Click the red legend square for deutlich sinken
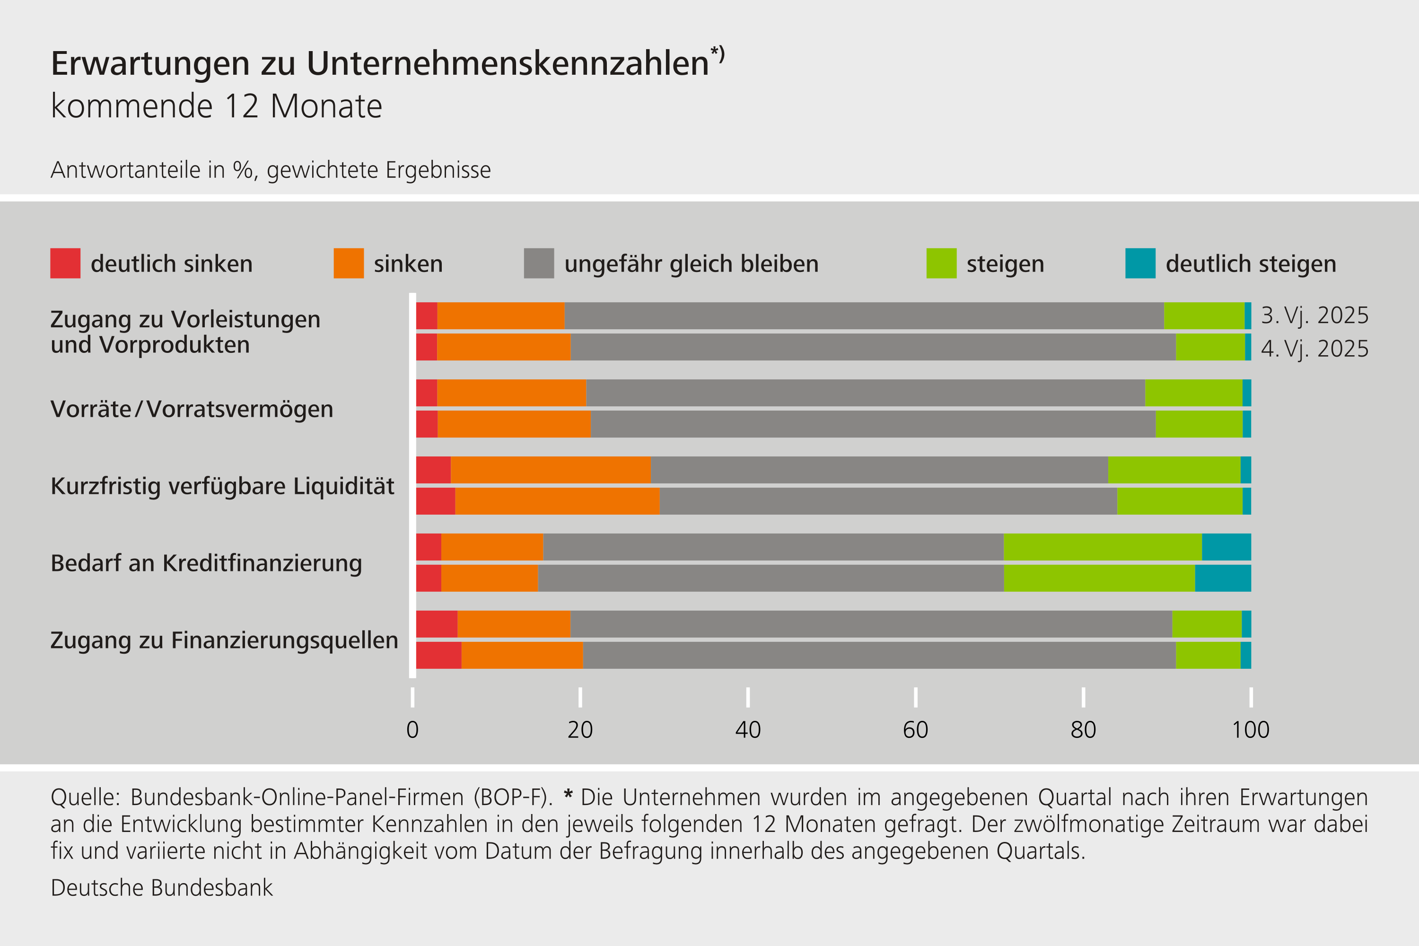[x=65, y=263]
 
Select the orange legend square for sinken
[x=348, y=263]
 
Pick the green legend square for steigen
[x=941, y=263]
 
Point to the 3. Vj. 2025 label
[x=1314, y=315]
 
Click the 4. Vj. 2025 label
[x=1314, y=349]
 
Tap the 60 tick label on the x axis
[x=915, y=730]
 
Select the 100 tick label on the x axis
[x=1250, y=730]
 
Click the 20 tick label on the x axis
[x=580, y=730]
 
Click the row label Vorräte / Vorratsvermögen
[x=192, y=409]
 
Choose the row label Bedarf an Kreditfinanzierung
[x=206, y=563]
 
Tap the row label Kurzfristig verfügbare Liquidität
[x=222, y=486]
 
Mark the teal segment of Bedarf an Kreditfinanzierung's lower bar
[x=1222, y=578]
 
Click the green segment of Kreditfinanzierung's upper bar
[x=1102, y=547]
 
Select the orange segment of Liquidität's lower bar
[x=557, y=501]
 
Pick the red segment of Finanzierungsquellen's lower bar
[x=438, y=655]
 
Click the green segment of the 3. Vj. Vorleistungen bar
[x=1204, y=315]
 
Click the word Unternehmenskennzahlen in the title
[x=508, y=63]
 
